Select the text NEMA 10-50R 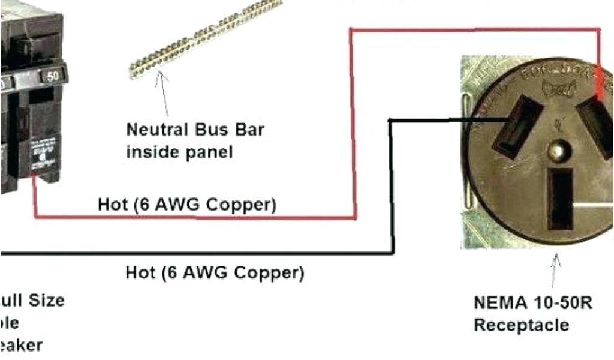click(532, 302)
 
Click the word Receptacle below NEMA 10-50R click(521, 325)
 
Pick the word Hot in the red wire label click(113, 205)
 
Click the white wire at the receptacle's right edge click(594, 205)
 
